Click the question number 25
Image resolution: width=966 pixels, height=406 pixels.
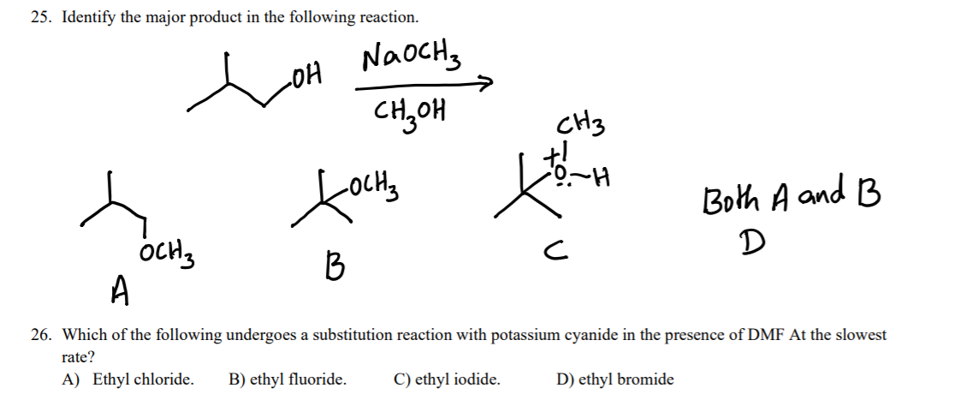click(40, 17)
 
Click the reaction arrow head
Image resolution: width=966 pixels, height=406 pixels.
click(487, 84)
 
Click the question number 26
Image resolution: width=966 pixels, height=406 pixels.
click(40, 335)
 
